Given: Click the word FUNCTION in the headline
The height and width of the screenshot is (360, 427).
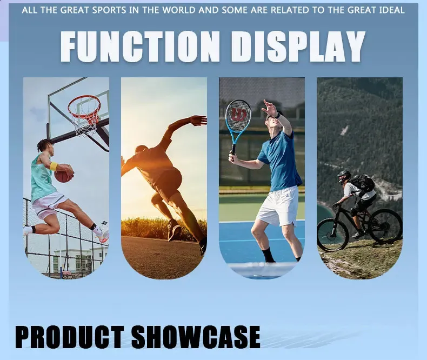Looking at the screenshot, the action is click(x=140, y=46).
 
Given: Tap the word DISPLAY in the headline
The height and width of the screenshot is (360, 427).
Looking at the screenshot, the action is click(x=298, y=46).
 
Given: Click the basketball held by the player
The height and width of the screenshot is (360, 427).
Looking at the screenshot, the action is click(x=64, y=173).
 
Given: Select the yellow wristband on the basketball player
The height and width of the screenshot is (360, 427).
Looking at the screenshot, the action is click(x=54, y=166).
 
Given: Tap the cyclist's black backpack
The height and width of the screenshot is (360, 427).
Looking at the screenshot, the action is click(x=363, y=183).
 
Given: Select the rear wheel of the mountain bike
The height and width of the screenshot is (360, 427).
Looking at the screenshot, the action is click(x=386, y=226).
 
